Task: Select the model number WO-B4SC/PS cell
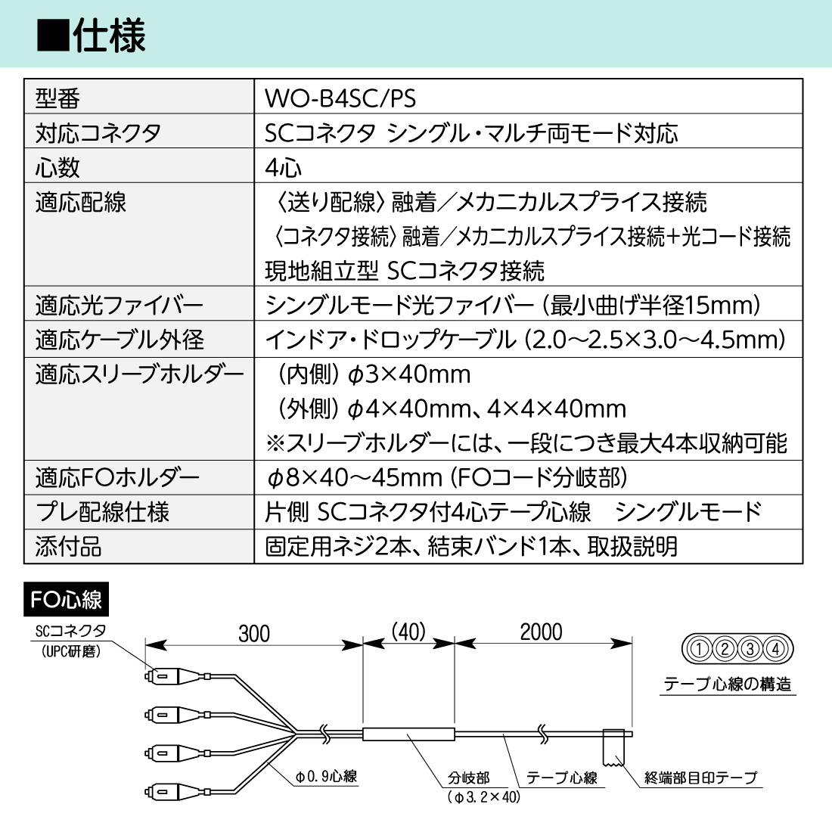(x=340, y=98)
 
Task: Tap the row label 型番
(x=57, y=98)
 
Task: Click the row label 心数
(x=57, y=167)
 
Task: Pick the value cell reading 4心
(x=284, y=167)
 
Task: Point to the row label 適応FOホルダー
(x=117, y=477)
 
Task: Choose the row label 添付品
(x=69, y=546)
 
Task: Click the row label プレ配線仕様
(x=102, y=512)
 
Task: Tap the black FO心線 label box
(x=67, y=600)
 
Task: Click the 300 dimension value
(x=254, y=633)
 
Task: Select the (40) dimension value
(x=408, y=632)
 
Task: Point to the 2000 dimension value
(x=541, y=632)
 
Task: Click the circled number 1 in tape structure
(x=700, y=648)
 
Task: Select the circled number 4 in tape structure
(x=776, y=648)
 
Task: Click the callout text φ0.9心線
(x=326, y=776)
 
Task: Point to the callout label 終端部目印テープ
(x=700, y=778)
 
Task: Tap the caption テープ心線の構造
(x=728, y=685)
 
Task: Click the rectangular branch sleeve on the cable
(x=408, y=734)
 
